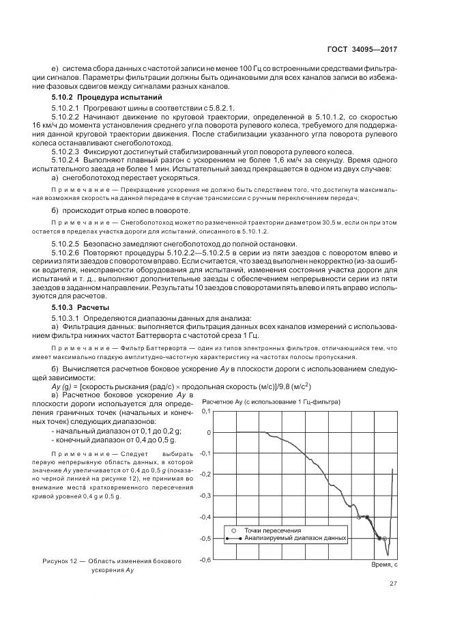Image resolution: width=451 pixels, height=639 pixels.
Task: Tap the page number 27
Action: [x=393, y=583]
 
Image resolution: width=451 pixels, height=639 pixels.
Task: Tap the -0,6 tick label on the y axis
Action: [x=203, y=560]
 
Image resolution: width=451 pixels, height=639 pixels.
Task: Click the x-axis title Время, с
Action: [x=383, y=566]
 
